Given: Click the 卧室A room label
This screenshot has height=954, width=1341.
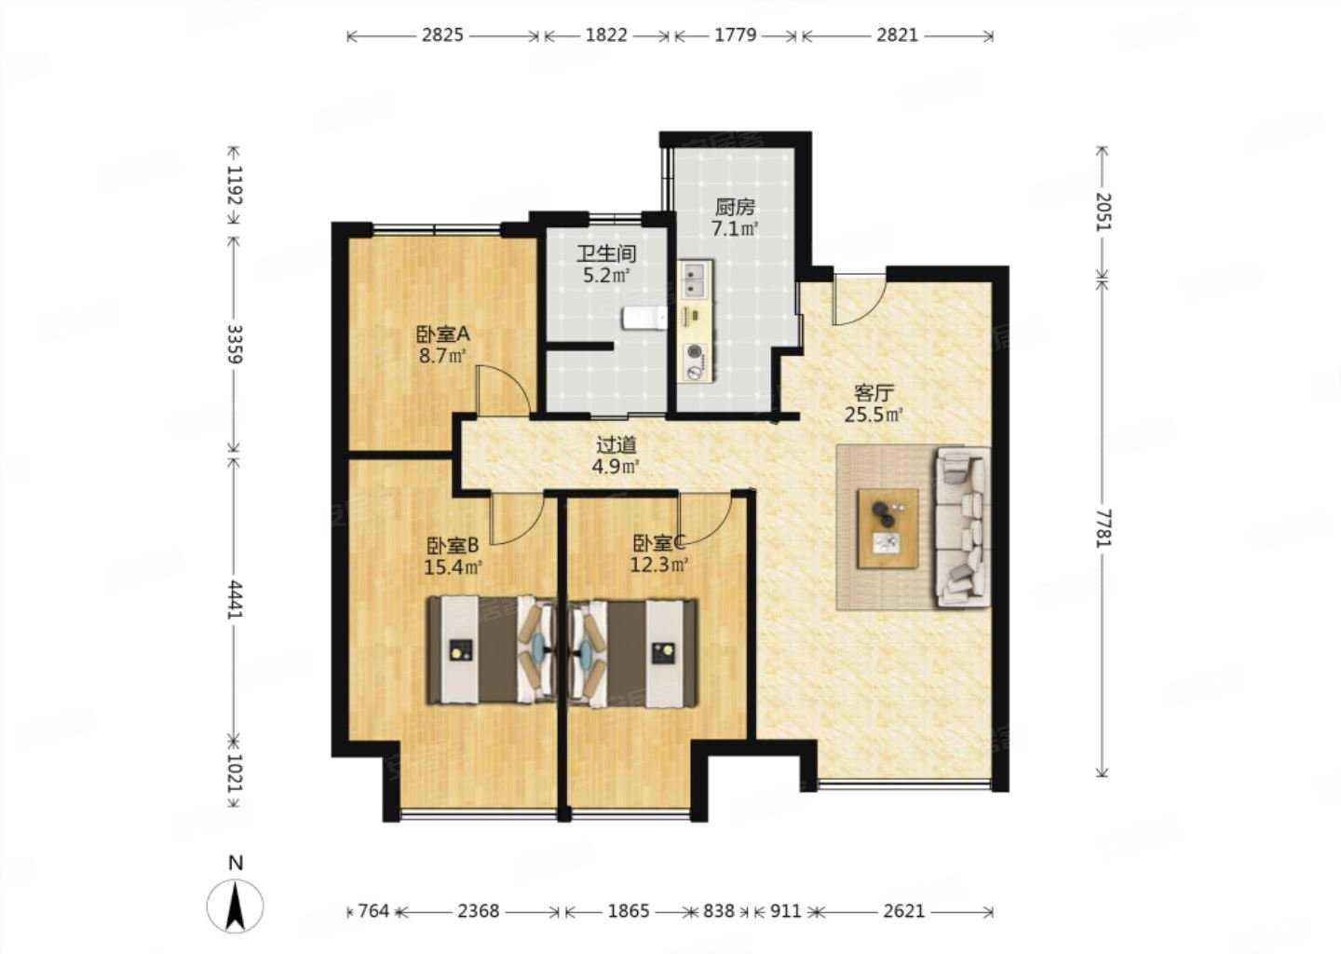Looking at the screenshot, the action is coord(442,333).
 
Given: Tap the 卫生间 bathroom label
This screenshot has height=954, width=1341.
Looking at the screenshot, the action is coord(606,254).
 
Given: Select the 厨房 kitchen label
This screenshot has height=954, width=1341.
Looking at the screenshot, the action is coord(735,207).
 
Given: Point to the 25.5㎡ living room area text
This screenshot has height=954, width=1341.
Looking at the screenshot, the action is coord(874,415).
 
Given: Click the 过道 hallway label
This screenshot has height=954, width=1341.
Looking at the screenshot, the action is coord(616,445).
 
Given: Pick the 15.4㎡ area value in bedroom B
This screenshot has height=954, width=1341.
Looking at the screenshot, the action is coord(454,566).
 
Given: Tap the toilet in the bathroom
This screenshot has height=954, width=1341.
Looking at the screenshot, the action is coord(644,318).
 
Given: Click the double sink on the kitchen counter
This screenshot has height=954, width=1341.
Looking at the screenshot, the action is coord(695,280).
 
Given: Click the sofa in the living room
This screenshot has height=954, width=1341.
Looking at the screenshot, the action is coord(962,527).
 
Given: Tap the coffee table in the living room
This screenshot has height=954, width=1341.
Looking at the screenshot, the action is coord(887,528).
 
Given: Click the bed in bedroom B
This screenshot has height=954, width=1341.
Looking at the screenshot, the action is coord(492,649).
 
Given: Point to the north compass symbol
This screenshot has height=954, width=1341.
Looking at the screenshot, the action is coord(236,905).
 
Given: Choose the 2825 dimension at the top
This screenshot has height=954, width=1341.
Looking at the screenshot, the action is coord(442,35).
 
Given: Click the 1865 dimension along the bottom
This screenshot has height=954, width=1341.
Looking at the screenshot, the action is coord(629,911).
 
